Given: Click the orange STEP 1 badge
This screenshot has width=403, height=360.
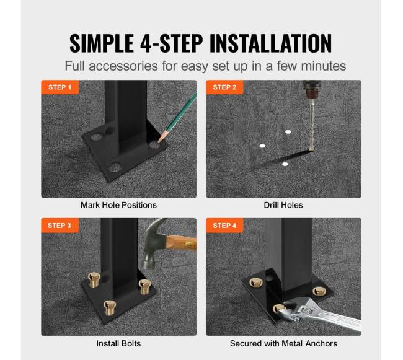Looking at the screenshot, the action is pyautogui.click(x=60, y=87).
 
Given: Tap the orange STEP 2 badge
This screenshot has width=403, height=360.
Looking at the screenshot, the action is pyautogui.click(x=224, y=87).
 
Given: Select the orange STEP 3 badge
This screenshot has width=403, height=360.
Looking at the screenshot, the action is pyautogui.click(x=60, y=226).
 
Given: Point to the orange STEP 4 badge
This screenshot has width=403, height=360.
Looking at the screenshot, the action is pyautogui.click(x=224, y=226).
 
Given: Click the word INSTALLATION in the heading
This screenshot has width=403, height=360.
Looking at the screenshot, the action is pyautogui.click(x=271, y=43).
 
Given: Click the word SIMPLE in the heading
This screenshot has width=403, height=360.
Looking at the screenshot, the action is pyautogui.click(x=102, y=43).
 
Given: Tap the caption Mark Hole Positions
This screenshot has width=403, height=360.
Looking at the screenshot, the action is pyautogui.click(x=118, y=205).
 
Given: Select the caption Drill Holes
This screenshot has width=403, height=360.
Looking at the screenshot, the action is pyautogui.click(x=283, y=205).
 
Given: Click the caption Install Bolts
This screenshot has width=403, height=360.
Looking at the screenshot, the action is pyautogui.click(x=118, y=343).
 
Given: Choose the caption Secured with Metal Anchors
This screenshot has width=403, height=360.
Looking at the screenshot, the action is pyautogui.click(x=283, y=343).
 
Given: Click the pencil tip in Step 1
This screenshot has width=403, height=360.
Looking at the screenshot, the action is pyautogui.click(x=159, y=141).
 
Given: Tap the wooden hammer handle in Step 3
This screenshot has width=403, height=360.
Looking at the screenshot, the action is pyautogui.click(x=181, y=243).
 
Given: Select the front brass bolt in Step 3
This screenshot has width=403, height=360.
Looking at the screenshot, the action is pyautogui.click(x=110, y=307).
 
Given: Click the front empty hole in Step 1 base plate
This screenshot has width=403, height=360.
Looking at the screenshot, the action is pyautogui.click(x=115, y=167).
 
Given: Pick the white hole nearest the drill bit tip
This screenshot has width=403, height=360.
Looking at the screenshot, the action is pyautogui.click(x=285, y=164).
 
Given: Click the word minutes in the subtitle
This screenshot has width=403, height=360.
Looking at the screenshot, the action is pyautogui.click(x=323, y=66).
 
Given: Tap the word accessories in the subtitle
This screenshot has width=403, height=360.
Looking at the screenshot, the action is pyautogui.click(x=123, y=66).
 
